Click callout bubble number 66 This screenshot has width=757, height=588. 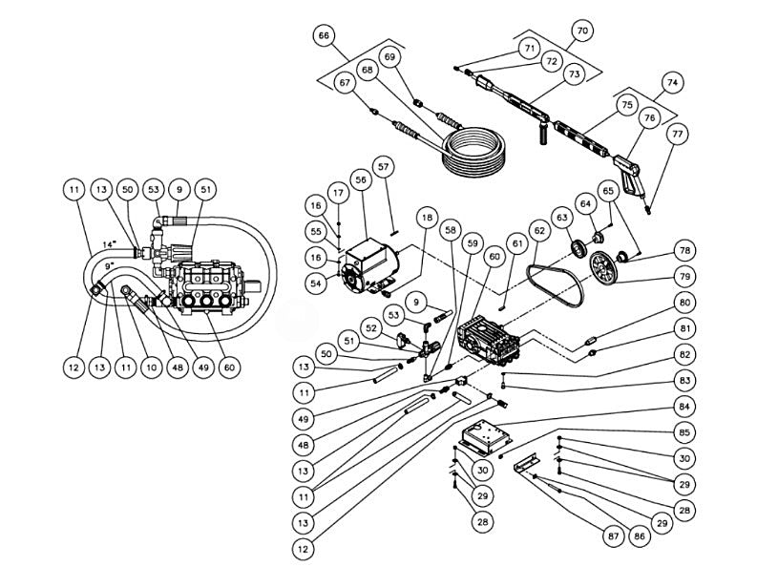pos(325,35)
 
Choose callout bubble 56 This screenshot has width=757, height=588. pos(360,178)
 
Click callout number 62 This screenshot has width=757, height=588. pos(539,230)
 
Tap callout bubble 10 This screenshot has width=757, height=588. pos(150,367)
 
